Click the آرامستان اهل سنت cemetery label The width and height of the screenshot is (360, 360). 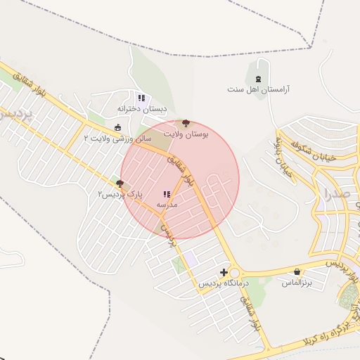point(259,90)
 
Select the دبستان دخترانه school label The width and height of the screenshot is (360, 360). point(142,110)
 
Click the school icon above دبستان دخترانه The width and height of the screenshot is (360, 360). point(141,98)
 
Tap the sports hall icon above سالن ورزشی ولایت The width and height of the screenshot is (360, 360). point(117,127)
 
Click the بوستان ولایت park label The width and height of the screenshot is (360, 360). point(187,133)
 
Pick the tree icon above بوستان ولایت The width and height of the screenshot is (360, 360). point(186,122)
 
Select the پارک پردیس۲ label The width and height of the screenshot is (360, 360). point(120,194)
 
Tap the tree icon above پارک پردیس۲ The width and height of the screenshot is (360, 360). point(120,184)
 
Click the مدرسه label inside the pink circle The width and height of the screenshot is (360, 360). point(167,205)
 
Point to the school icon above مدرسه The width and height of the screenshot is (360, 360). point(167,194)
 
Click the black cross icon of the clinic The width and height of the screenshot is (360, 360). point(224,272)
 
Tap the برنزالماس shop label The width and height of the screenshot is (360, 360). point(296,283)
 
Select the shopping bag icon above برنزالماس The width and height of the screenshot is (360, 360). point(297,272)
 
